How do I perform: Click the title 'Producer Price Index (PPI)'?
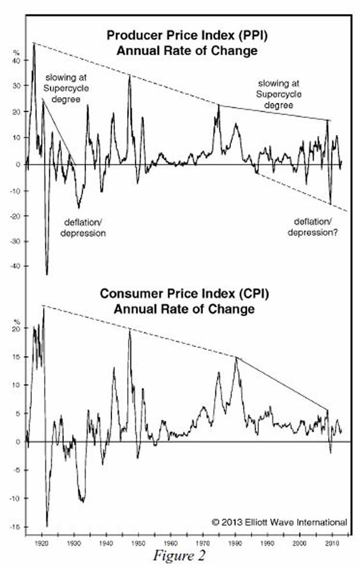point(187,36)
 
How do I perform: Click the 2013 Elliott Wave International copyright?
point(279,521)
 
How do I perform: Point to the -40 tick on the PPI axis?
point(15,266)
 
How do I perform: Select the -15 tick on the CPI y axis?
point(15,527)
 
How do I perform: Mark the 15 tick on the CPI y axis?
point(16,357)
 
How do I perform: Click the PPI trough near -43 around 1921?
point(46,274)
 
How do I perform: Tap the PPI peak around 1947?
point(129,76)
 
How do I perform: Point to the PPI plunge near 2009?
point(330,203)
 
